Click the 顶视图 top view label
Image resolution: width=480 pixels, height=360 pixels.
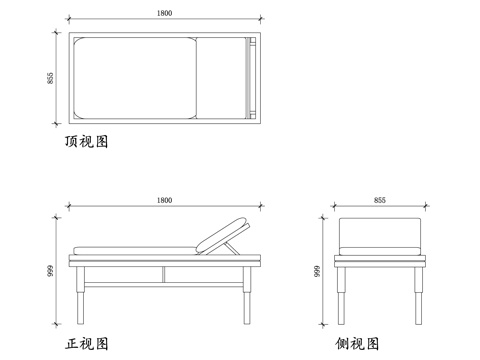(86, 142)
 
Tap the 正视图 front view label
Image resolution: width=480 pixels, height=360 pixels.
(86, 343)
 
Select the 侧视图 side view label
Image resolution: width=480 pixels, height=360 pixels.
(358, 343)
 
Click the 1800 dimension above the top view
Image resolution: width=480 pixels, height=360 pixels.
(163, 13)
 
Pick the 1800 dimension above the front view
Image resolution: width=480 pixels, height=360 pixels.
(163, 200)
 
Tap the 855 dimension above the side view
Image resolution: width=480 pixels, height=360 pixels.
(379, 200)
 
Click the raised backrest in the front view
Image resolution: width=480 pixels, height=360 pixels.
(222, 235)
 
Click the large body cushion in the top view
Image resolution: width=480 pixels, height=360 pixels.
(134, 78)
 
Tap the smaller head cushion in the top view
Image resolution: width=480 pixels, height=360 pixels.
(219, 78)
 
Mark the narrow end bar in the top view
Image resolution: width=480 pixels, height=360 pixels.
(250, 78)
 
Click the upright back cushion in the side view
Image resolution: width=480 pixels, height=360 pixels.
(379, 232)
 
